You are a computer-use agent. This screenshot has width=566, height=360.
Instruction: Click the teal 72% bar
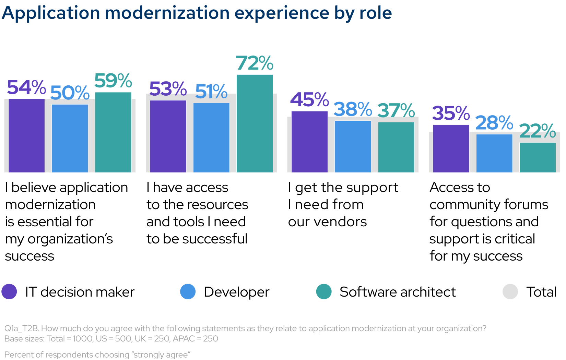[x=255, y=123]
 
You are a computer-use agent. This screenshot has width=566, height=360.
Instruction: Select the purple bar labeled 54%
[x=26, y=136]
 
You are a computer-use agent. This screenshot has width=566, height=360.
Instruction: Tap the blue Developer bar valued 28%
[x=494, y=153]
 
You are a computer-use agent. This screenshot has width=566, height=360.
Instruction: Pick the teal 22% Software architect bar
[x=538, y=157]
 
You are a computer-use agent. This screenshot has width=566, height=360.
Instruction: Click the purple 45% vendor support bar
[x=309, y=142]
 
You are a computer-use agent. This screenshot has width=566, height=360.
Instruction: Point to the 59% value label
[x=113, y=81]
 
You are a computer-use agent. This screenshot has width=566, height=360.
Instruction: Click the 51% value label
[x=211, y=92]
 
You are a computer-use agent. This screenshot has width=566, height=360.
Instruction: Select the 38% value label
[x=353, y=110]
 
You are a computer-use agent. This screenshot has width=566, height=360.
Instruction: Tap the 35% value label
[x=451, y=113]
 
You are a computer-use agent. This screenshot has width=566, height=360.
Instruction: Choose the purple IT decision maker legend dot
[x=9, y=292]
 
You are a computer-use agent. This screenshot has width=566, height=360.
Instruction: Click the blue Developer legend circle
[x=188, y=292]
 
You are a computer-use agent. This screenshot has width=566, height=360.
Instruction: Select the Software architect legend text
[x=398, y=292]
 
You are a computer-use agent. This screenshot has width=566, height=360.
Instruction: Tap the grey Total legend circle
[x=510, y=292]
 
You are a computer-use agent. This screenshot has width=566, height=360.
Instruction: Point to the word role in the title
[x=376, y=13]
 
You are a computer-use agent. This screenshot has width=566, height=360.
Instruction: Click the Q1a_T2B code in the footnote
[x=21, y=328]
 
